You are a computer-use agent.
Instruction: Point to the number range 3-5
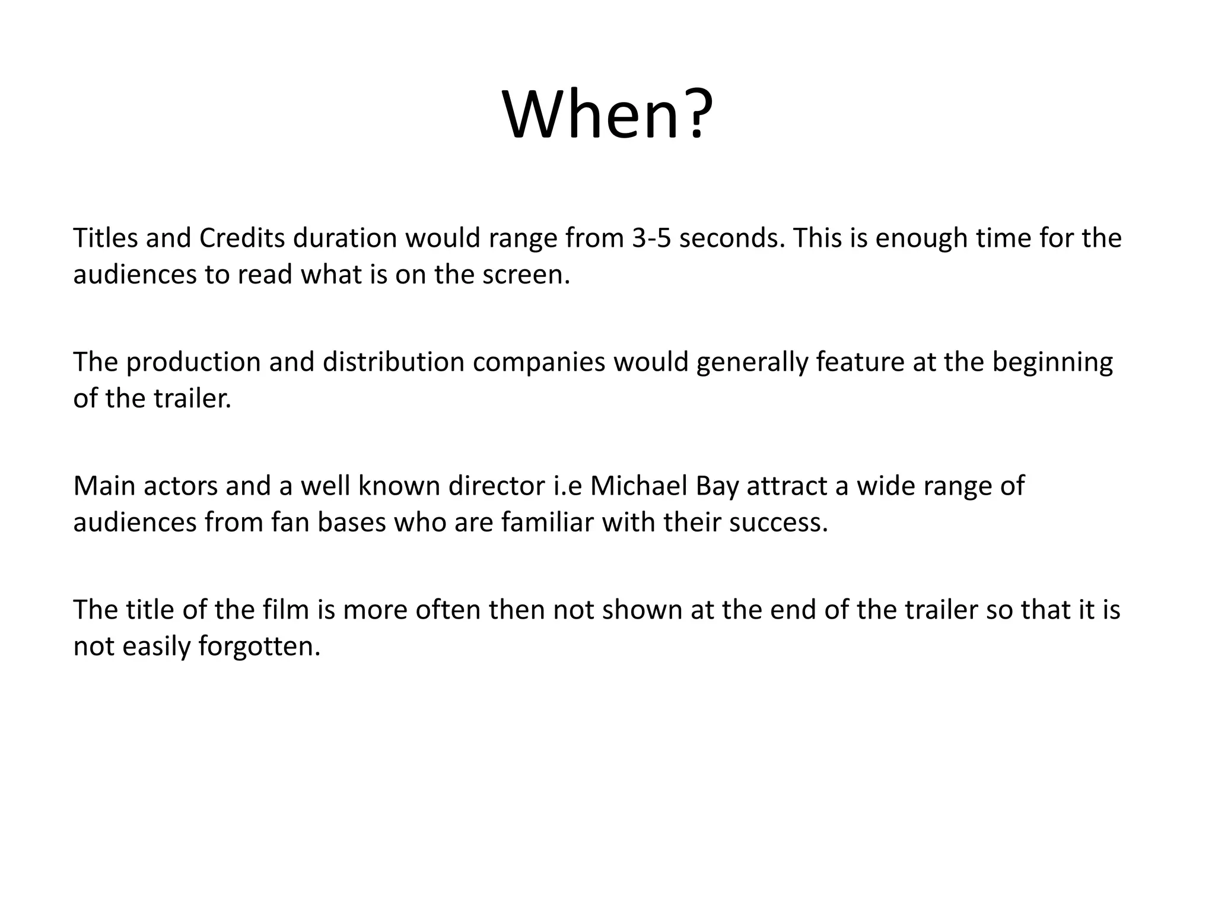pos(651,238)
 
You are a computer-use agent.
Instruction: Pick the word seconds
pos(731,238)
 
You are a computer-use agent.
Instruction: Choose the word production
pos(193,362)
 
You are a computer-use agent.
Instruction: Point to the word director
pos(496,486)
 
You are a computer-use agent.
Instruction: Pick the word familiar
pos(547,523)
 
